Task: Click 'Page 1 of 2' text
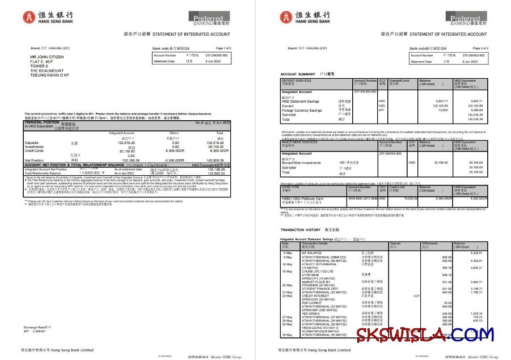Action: click(x=224, y=48)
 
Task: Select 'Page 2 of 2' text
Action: click(x=480, y=48)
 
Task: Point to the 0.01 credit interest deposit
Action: click(x=401, y=296)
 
